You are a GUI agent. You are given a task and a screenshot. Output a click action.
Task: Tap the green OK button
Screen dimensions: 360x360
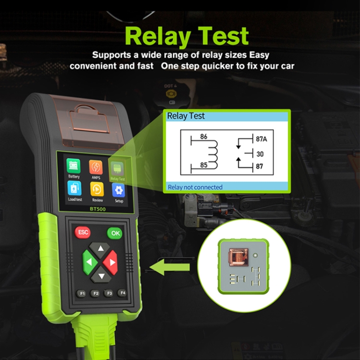115,233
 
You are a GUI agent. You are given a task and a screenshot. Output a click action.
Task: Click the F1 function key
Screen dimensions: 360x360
81,293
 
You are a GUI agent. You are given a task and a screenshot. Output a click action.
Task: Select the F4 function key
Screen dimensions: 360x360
122,293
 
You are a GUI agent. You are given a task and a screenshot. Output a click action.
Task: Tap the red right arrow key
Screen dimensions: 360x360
110,263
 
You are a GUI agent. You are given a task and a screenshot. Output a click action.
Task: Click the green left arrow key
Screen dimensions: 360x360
90,262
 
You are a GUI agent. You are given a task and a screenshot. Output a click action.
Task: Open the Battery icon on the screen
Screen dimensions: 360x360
73,166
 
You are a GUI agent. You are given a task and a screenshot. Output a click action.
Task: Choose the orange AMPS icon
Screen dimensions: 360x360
96,167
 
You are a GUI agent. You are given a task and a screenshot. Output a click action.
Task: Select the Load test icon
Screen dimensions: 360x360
74,188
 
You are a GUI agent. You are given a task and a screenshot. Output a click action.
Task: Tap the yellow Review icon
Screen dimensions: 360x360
97,190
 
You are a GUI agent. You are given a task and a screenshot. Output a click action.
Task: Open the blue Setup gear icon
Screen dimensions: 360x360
119,191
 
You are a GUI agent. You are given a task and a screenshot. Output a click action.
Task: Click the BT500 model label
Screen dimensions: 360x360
98,209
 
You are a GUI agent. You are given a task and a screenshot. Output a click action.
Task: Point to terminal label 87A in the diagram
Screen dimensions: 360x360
261,139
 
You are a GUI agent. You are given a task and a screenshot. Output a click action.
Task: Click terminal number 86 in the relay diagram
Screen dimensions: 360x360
204,137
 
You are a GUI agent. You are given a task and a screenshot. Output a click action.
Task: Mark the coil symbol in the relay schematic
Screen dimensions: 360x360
213,155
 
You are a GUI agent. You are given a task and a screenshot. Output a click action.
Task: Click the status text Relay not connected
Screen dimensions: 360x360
195,187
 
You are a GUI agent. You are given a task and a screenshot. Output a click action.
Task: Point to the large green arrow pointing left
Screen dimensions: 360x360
169,267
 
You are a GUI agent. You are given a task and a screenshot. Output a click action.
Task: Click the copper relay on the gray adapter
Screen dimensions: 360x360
239,257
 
